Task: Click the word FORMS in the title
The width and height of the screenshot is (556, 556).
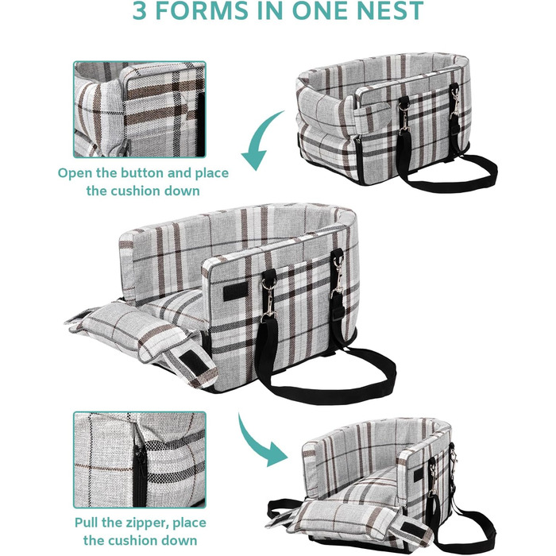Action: tap(202, 10)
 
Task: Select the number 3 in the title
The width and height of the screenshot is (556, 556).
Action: tap(139, 10)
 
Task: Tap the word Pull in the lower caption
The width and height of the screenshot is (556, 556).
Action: tap(86, 523)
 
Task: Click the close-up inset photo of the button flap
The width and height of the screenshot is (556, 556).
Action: tap(139, 110)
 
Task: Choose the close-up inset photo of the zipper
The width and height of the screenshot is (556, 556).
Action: tap(139, 460)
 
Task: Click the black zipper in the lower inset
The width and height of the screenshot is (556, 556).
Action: tap(139, 472)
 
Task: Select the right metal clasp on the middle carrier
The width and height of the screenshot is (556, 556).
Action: tap(338, 276)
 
